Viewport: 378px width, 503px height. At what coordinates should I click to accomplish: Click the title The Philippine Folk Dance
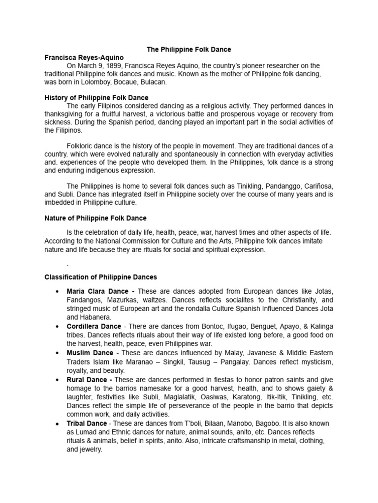(189, 50)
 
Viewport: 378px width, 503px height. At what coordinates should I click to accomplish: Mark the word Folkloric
(81, 146)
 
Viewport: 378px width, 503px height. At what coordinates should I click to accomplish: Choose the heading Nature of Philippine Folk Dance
(95, 218)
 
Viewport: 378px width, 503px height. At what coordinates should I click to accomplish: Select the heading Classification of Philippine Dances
(100, 278)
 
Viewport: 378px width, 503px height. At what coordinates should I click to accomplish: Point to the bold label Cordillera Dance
(94, 326)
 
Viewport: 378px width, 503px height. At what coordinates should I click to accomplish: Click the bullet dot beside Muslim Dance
(58, 353)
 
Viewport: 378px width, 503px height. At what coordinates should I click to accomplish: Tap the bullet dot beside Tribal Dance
(58, 423)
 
